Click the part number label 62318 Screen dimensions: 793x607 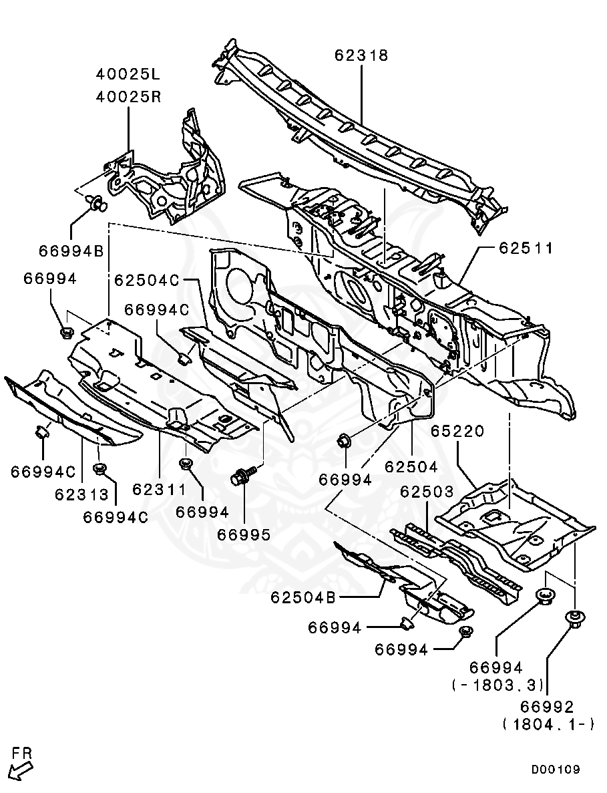tap(361, 56)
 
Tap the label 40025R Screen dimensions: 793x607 tap(128, 96)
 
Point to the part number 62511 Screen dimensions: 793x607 tap(526, 249)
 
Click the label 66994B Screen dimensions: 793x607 tap(71, 251)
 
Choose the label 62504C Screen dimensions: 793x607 tap(147, 281)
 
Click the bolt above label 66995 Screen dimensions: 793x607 tap(240, 476)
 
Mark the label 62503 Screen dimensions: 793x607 tap(427, 492)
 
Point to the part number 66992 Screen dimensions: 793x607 tap(547, 706)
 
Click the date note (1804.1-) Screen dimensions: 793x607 tap(547, 724)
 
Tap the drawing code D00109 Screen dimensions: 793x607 tap(555, 770)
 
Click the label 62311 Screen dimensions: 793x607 tap(159, 490)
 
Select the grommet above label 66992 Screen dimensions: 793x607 tap(574, 617)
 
